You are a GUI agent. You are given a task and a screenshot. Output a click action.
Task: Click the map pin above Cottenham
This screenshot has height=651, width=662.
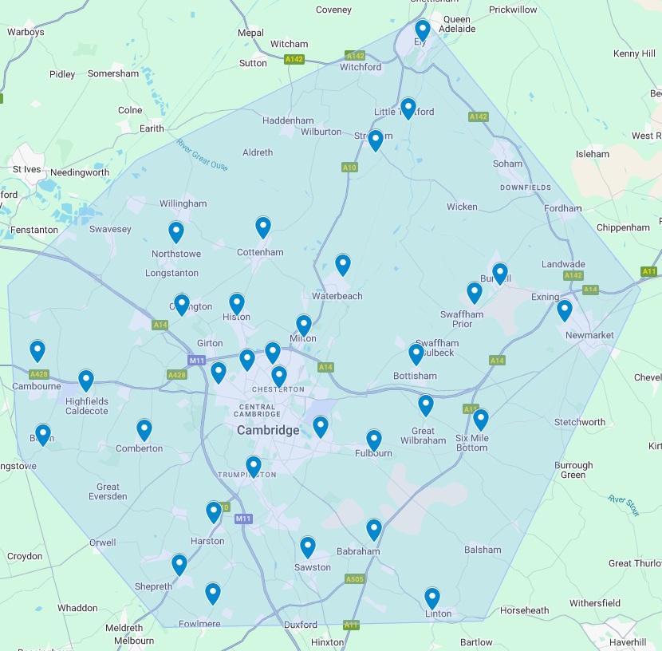263,227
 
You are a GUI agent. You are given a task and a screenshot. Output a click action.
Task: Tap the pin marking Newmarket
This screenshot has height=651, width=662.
565,309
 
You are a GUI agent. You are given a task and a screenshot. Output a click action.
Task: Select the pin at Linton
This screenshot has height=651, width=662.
432,597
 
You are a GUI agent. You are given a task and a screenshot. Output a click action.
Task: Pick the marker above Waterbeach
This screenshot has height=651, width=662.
343,263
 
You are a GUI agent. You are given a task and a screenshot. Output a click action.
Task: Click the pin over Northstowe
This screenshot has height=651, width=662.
176,231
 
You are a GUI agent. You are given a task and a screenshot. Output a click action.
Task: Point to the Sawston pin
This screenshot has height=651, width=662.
308,546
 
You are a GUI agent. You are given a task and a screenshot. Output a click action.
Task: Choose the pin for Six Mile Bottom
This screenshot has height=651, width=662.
480,418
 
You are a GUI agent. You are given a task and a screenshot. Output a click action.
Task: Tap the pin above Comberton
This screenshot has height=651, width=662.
144,429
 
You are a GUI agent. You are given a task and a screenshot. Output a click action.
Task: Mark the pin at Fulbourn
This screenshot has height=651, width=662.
374,439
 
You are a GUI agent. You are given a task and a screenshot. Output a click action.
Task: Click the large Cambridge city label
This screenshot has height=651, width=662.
268,430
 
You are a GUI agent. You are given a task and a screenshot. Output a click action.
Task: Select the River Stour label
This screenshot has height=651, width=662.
624,505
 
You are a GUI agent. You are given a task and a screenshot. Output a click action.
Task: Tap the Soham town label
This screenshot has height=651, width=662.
508,164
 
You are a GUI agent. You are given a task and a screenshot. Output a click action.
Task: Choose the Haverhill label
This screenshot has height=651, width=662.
627,641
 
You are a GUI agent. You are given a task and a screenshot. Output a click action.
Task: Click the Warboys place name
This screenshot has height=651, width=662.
26,33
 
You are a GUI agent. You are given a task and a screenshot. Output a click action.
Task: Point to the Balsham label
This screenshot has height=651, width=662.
483,550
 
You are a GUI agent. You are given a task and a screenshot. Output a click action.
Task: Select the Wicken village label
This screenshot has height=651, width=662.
462,207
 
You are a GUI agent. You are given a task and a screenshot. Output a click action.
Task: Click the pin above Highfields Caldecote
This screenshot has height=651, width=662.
86,380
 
